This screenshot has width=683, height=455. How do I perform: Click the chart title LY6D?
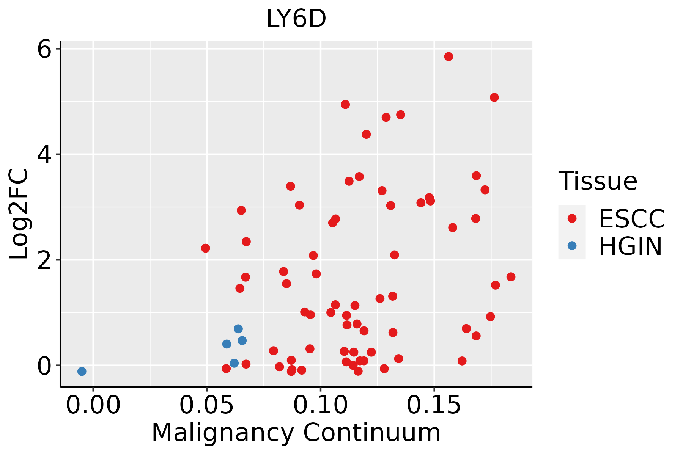tap(296, 19)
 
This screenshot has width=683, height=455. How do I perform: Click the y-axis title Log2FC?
tap(19, 214)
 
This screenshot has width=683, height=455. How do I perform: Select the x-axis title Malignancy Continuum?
tap(296, 433)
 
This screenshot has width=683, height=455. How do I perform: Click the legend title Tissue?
tap(598, 181)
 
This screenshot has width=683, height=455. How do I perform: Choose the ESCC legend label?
tap(632, 218)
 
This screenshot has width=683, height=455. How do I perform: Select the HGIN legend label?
tap(631, 246)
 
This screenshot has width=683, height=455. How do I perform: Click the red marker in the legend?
tap(572, 218)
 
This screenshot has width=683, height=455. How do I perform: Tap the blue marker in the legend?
tap(572, 246)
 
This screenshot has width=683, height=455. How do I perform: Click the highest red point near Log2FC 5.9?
tap(449, 56)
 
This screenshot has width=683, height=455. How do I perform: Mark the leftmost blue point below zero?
tap(82, 371)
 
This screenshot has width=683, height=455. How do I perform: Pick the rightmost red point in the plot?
tap(511, 277)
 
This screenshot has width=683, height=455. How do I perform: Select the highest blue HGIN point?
tap(238, 329)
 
